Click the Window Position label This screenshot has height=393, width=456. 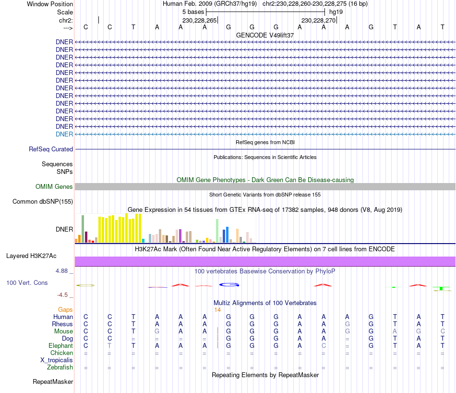point(50,4)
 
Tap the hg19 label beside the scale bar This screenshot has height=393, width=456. point(336,12)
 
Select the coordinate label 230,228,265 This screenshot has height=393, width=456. point(200,20)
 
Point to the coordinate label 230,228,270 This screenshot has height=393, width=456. point(319,20)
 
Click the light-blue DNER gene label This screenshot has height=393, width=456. point(64,134)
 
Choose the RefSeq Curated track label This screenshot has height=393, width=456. point(51,149)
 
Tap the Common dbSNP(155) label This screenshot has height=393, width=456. point(42,202)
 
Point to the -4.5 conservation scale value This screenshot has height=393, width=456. point(63,295)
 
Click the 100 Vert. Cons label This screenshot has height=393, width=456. point(27,283)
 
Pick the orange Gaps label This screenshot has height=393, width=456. point(65,310)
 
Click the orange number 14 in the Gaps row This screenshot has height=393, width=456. point(217,310)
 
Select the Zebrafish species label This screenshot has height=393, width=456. point(60,368)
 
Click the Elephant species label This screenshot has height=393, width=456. point(60,345)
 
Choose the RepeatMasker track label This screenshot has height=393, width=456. point(53,382)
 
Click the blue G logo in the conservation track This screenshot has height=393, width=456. point(229,284)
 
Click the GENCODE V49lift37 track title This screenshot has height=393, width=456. point(265,36)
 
